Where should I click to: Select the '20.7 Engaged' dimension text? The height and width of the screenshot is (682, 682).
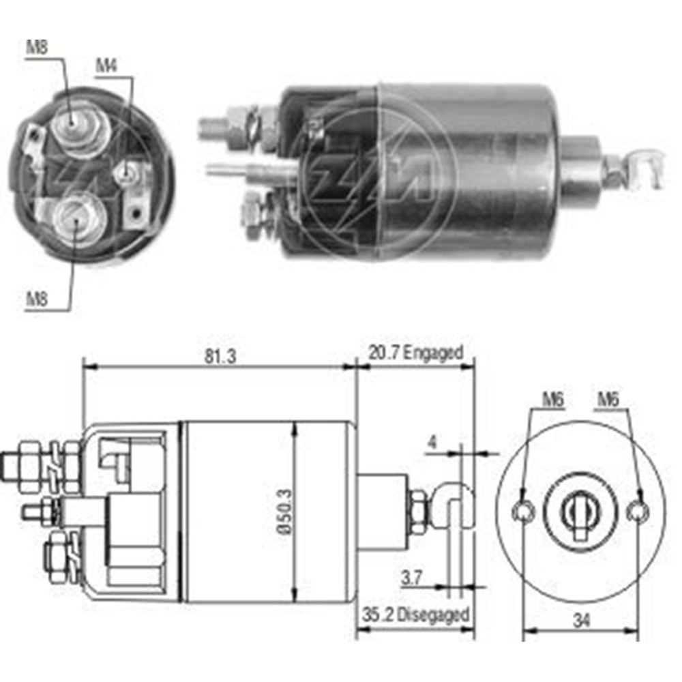(x=416, y=353)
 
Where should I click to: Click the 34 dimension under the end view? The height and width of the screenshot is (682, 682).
(x=580, y=621)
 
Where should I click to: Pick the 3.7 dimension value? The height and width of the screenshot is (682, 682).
(x=410, y=579)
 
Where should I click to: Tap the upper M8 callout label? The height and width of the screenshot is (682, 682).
(x=37, y=47)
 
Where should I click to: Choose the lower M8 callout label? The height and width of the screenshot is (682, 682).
(x=37, y=297)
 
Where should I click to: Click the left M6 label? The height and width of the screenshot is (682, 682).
(x=553, y=400)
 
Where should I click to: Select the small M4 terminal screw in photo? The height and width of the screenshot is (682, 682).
(x=126, y=173)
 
